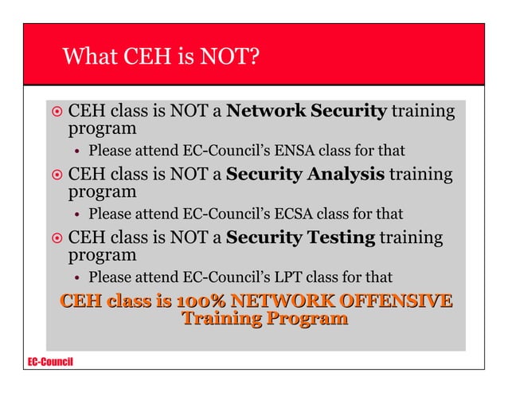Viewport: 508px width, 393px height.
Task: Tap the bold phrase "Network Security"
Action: (x=306, y=111)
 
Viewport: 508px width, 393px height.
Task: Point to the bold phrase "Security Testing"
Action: (x=300, y=237)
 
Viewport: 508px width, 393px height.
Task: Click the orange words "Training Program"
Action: (x=264, y=320)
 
